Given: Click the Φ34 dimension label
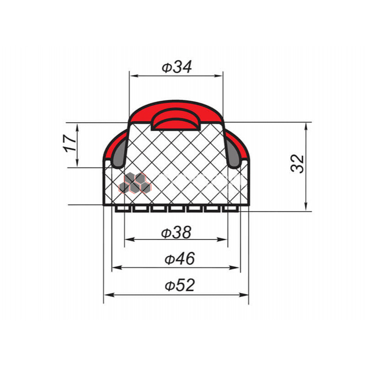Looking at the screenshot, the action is [177, 67].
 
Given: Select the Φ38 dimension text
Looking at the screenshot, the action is [176, 232].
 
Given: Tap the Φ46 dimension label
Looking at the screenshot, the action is [180, 259].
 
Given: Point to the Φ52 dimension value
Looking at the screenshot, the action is [180, 285].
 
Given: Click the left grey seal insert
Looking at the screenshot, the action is [120, 153].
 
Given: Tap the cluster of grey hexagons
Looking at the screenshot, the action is [135, 183].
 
